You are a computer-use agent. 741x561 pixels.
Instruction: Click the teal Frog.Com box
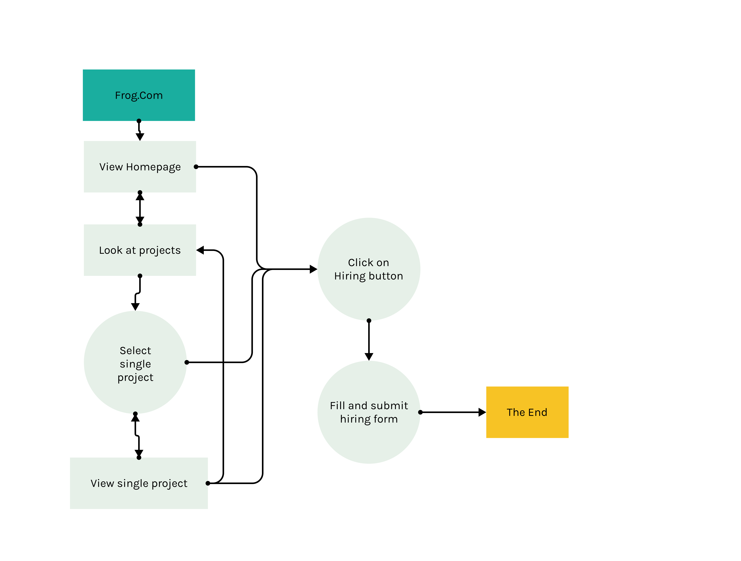139,95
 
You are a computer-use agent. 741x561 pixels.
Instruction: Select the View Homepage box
140,166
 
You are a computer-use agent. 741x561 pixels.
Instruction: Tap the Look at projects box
140,250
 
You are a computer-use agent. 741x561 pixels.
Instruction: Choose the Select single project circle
135,362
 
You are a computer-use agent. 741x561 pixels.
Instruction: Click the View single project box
139,483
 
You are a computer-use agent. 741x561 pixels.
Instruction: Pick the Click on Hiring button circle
369,269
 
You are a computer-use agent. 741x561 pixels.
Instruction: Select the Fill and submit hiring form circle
369,412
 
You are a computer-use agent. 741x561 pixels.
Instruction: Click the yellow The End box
527,412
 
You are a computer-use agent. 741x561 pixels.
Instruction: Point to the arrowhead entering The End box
482,412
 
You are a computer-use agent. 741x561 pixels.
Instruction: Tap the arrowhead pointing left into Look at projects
200,250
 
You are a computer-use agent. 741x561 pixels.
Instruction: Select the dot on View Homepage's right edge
196,166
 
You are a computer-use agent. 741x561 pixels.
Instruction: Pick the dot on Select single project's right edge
187,362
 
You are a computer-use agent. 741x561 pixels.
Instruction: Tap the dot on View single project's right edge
208,483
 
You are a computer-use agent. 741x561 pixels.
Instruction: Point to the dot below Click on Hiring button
369,321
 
